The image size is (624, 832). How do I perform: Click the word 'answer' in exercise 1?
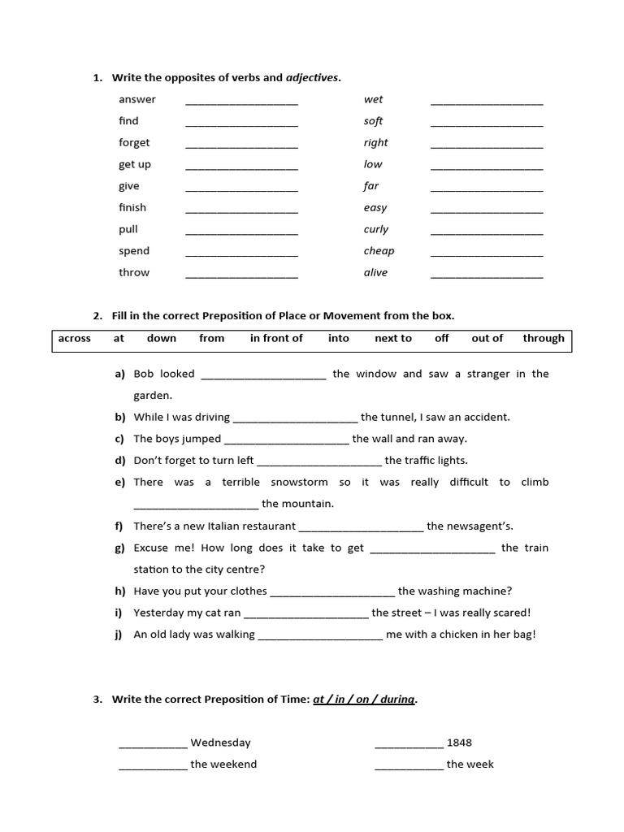click(136, 99)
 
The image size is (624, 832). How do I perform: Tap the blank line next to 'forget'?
click(241, 145)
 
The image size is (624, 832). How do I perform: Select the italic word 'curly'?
click(375, 229)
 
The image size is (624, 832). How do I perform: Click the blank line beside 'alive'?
click(486, 275)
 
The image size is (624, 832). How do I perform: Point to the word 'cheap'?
click(379, 251)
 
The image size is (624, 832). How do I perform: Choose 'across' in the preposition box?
click(75, 338)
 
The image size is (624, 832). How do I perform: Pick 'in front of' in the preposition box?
click(276, 338)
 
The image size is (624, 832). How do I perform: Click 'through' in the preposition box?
click(544, 338)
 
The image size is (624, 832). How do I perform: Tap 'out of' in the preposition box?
click(487, 338)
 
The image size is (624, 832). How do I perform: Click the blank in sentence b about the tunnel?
click(295, 419)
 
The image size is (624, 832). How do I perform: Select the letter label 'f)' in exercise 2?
click(120, 526)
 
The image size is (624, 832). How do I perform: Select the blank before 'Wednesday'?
click(153, 744)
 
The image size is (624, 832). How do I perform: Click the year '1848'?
click(459, 742)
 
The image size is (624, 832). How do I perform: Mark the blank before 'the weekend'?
click(153, 766)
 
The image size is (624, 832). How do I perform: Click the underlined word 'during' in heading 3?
click(396, 699)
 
